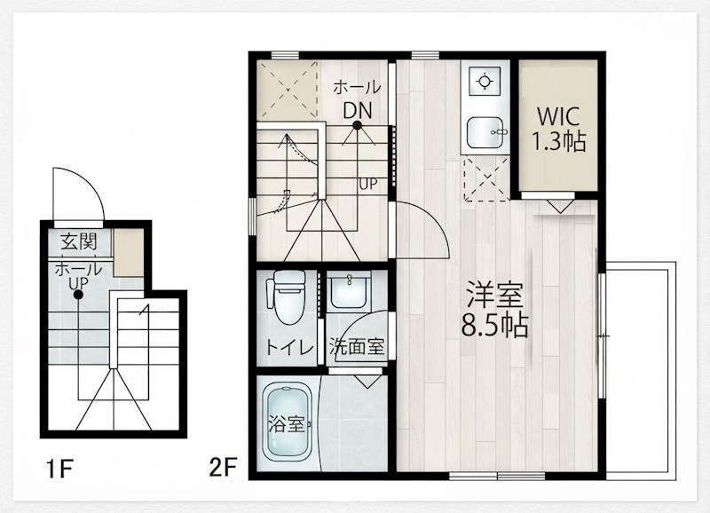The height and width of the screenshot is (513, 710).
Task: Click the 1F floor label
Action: coord(59,469)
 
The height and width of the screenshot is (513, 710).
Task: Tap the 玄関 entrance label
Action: coord(79,241)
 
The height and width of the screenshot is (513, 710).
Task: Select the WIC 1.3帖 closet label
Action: coord(558,129)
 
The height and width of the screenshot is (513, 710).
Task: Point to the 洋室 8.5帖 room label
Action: coord(495,309)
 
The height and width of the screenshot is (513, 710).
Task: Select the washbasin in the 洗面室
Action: coord(348,290)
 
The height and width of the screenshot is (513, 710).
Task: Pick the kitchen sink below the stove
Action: coord(485,132)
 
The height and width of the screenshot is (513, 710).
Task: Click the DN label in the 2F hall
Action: coord(357,110)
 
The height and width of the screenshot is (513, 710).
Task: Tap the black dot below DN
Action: coord(358,125)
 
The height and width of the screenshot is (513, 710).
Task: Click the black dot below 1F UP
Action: coord(78,296)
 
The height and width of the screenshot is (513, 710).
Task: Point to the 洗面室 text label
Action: coord(357,347)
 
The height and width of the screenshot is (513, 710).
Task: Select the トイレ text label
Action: coord(290,347)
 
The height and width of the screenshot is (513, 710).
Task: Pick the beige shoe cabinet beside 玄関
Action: coord(128,252)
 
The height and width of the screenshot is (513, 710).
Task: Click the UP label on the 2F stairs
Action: coord(368,185)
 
